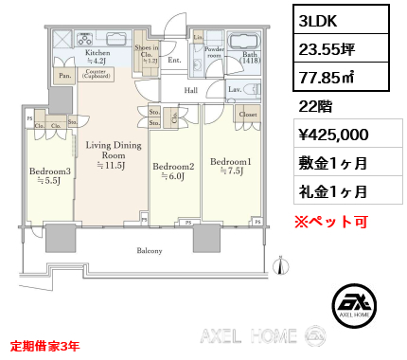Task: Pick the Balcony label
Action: click(150, 251)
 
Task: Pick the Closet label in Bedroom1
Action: click(247, 114)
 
